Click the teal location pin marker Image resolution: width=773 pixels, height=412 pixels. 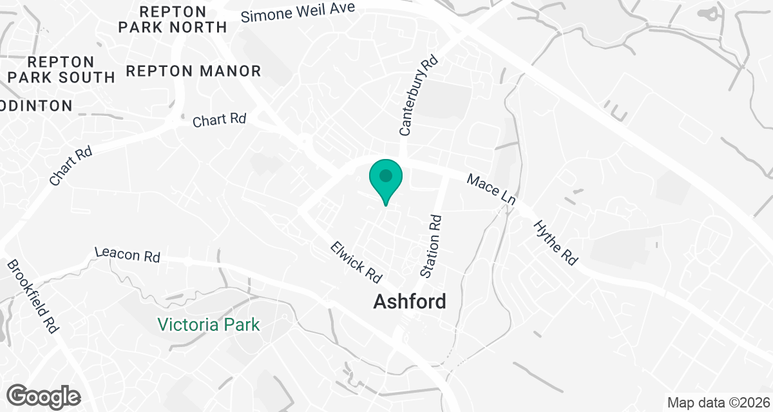tap(385, 180)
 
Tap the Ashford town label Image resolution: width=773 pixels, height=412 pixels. tap(409, 301)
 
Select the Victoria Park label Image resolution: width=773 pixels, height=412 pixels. tap(209, 324)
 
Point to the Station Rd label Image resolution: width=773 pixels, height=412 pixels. tap(431, 247)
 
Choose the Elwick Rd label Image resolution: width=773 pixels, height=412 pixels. tap(356, 261)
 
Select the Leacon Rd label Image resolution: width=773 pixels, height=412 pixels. tap(127, 255)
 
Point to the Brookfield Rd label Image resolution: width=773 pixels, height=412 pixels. tap(32, 295)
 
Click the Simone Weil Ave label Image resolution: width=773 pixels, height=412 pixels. tap(298, 12)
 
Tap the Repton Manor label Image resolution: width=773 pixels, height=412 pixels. tap(193, 71)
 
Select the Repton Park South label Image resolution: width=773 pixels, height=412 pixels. tap(61, 70)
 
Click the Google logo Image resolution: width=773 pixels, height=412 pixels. tap(44, 395)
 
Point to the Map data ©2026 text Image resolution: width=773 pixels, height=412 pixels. tap(718, 403)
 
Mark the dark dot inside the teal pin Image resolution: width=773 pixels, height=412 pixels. tap(385, 175)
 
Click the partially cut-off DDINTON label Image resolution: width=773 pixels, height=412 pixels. tap(35, 106)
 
